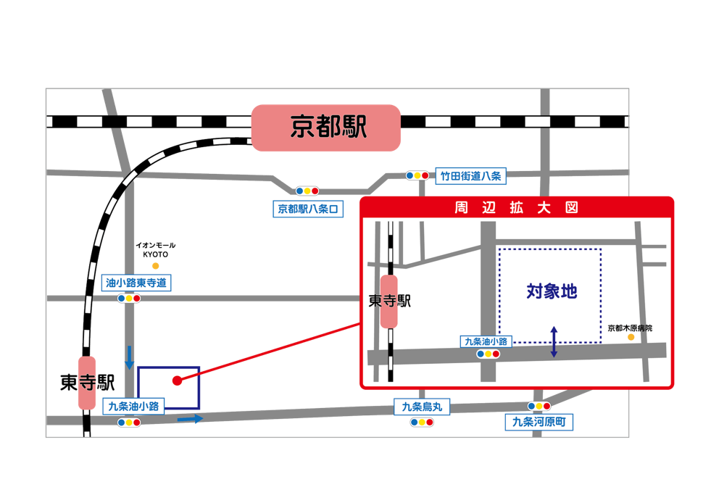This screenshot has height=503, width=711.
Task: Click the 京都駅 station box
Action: coord(326,128)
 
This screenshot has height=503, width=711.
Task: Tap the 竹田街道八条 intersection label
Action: coord(470,176)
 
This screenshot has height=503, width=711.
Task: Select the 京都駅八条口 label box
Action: coord(308,209)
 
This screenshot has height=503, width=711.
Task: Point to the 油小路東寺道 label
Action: coord(136,283)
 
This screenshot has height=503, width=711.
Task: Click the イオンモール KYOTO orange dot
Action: coord(156,266)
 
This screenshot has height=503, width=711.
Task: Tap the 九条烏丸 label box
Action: coord(422,407)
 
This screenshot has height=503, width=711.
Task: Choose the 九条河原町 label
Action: coord(539,422)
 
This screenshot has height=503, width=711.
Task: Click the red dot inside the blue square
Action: coord(178,381)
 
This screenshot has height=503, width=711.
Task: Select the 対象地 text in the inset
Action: coord(552,291)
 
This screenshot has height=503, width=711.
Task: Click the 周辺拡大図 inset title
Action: coord(517,208)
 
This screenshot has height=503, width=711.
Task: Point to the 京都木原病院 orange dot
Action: coord(631,337)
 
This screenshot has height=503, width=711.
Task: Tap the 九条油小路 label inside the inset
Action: coord(486,341)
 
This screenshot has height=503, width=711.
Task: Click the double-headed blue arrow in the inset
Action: coord(554,341)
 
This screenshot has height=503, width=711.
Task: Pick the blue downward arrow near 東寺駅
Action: coord(130,357)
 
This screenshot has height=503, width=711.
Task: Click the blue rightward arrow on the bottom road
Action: coord(190,419)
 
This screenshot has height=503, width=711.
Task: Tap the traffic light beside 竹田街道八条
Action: coord(417,175)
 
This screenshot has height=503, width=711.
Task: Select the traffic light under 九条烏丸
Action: coord(422,423)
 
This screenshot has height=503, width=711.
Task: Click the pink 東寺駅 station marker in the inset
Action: coord(388,302)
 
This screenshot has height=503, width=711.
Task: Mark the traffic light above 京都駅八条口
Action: coord(307,191)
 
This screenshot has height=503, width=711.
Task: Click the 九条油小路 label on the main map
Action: coord(133,406)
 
